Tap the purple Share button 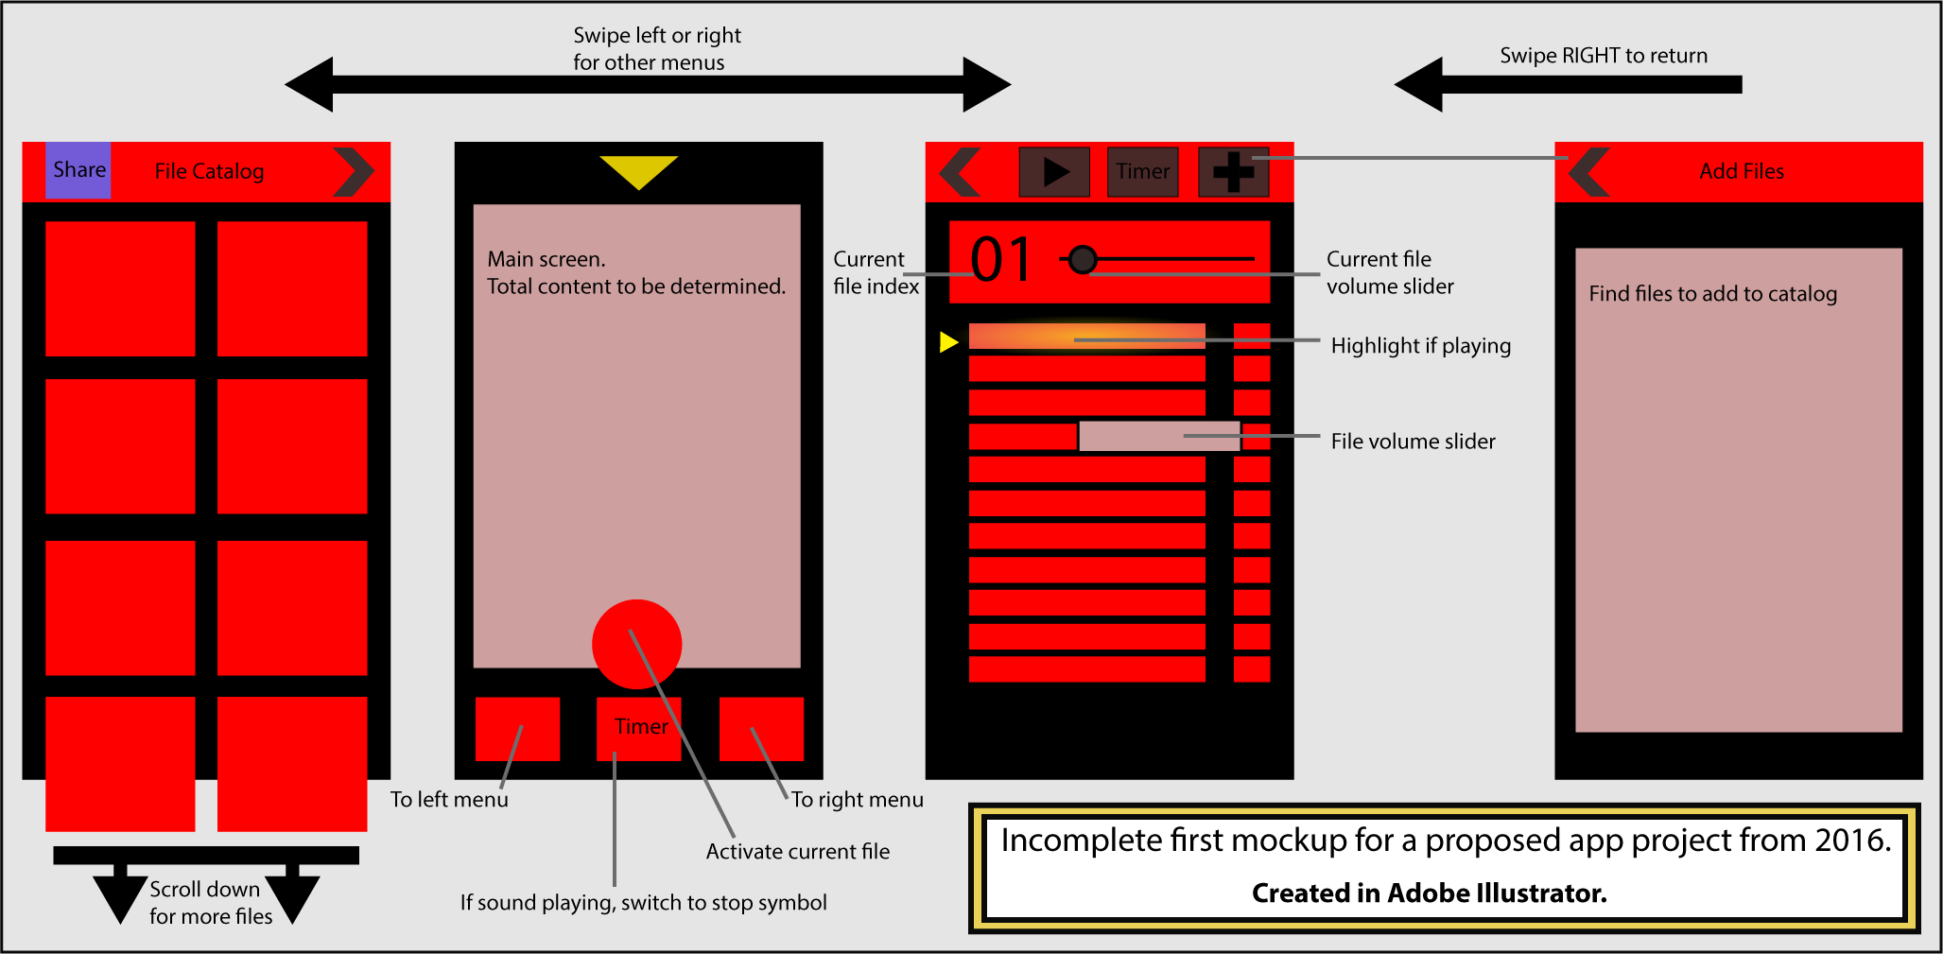point(78,170)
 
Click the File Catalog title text point(209,171)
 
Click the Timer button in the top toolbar point(1142,171)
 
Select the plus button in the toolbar point(1233,171)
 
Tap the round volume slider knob point(1083,258)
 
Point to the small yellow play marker point(948,341)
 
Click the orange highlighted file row point(1086,337)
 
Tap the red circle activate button point(636,644)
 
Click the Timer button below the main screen point(639,728)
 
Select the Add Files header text point(1741,171)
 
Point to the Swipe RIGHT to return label point(1603,56)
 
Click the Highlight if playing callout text point(1420,346)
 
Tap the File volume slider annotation point(1413,442)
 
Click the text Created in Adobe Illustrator point(1429,893)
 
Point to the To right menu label point(857,800)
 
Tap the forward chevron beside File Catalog point(354,171)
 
